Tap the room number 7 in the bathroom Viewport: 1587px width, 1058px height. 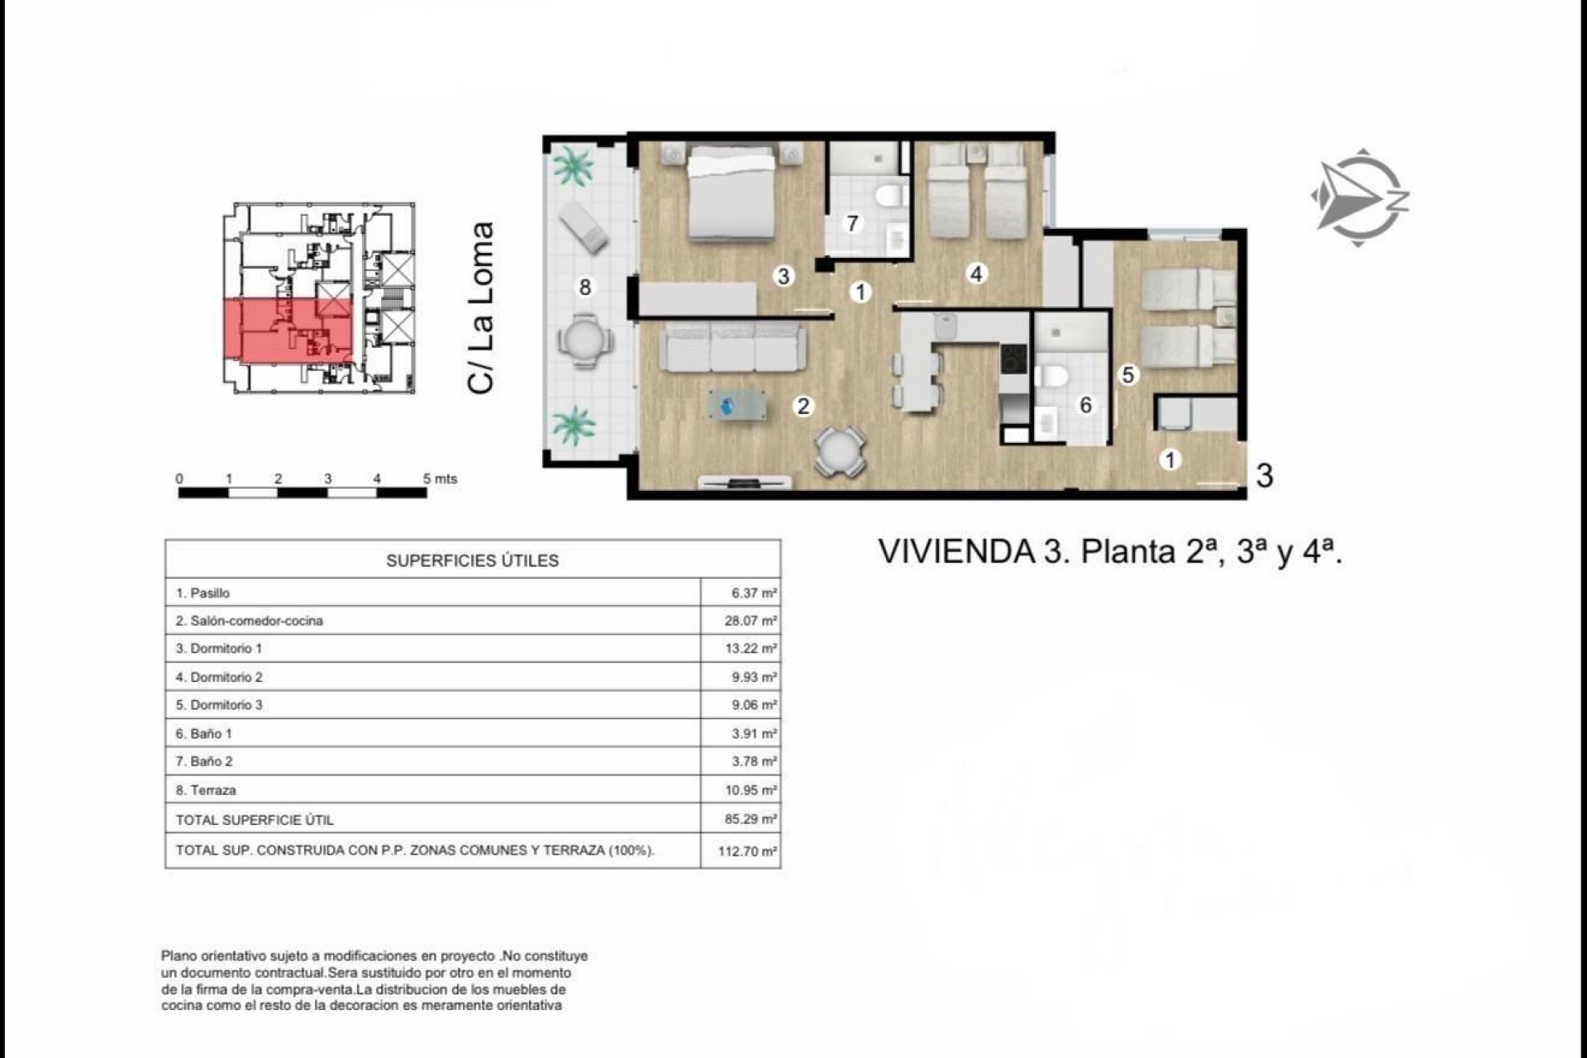pyautogui.click(x=852, y=223)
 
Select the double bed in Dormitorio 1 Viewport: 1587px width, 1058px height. pyautogui.click(x=732, y=194)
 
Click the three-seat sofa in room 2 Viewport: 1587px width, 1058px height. pyautogui.click(x=732, y=348)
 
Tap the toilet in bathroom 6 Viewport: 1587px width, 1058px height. pyautogui.click(x=1052, y=377)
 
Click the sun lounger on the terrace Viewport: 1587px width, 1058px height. pyautogui.click(x=584, y=226)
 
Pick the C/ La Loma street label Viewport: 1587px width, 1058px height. pyautogui.click(x=481, y=307)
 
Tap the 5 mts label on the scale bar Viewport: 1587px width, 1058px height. pyautogui.click(x=440, y=479)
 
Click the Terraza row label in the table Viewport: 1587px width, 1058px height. pyautogui.click(x=206, y=790)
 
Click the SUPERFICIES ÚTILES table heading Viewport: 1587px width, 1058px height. pyautogui.click(x=472, y=560)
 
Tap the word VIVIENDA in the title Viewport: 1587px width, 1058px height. pyautogui.click(x=956, y=551)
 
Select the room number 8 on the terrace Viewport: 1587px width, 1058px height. pyautogui.click(x=585, y=287)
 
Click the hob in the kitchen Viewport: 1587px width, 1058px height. pyautogui.click(x=1013, y=359)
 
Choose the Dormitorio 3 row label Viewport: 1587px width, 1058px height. pyautogui.click(x=219, y=705)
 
